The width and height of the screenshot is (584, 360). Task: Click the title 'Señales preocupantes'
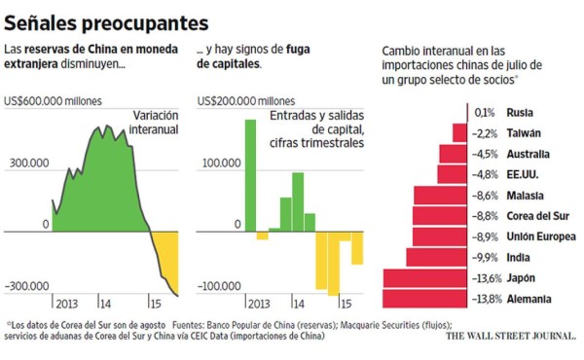[106, 20]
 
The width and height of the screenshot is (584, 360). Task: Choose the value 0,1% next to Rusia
[484, 112]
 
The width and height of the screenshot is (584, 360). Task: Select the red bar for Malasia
[441, 196]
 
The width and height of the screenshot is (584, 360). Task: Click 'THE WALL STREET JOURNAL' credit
[510, 338]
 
